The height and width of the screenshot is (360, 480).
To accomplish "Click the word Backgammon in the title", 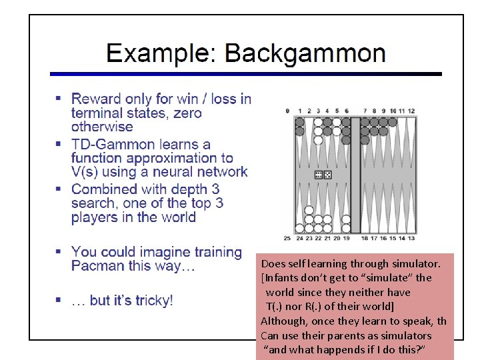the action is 305,53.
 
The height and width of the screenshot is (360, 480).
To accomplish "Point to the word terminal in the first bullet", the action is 99,113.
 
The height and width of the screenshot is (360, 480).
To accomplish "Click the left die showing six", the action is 319,175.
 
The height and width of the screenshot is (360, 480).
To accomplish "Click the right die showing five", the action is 327,175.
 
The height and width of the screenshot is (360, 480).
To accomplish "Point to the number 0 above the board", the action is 287,111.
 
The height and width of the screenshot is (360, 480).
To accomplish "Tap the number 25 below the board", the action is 287,238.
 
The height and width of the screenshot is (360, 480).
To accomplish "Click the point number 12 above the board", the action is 411,111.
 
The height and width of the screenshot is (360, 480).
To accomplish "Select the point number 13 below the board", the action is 411,238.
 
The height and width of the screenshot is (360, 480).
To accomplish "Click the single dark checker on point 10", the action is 393,122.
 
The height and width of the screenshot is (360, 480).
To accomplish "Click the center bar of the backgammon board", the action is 355,175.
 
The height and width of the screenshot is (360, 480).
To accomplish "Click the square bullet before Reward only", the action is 59,99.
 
